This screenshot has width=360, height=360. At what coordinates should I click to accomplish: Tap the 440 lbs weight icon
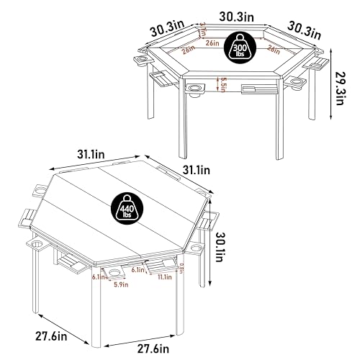click(x=127, y=210)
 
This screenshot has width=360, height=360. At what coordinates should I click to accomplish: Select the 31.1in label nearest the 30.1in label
click(x=195, y=170)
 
